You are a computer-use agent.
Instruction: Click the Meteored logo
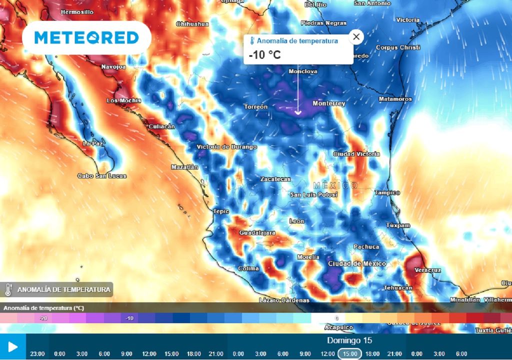pos(86,37)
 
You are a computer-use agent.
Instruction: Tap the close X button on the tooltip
pos(356,36)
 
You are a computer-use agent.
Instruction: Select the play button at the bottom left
pos(12,347)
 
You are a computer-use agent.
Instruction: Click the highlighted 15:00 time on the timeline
pos(350,353)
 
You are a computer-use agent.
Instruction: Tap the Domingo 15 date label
pos(350,340)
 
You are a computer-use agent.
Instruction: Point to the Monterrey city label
pos(328,103)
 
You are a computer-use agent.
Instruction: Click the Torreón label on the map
pos(255,106)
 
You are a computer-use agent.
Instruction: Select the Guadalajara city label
pos(257,233)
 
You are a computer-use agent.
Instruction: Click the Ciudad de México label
pos(356,263)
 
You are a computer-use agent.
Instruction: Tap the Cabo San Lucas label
pos(102,176)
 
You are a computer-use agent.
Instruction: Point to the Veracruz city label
pos(427,270)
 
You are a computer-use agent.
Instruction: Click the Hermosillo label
pos(76,11)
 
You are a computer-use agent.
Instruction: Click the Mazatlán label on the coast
pos(184,167)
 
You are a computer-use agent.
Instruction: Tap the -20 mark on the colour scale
pos(43,318)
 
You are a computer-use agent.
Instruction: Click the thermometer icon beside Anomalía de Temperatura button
pos(8,289)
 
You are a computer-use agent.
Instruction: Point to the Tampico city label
pos(387,192)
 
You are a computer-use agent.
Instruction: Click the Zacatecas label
pos(275,179)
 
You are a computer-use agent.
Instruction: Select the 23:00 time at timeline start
pos(37,353)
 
